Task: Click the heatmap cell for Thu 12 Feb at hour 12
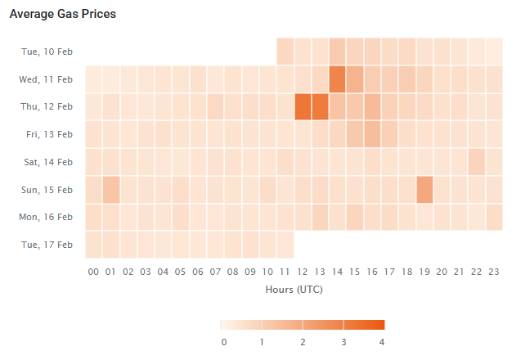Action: coord(303,106)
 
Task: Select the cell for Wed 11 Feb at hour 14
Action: coord(338,79)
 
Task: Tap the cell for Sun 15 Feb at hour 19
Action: coord(424,190)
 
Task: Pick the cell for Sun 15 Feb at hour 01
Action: coord(111,190)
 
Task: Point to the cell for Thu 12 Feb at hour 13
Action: coord(320,106)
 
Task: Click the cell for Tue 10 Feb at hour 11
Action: coord(285,52)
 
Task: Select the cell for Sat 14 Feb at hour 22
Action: coord(477,162)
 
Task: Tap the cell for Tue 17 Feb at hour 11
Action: coord(285,245)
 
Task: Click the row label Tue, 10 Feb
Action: coord(47,52)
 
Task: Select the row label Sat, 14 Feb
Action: coord(47,162)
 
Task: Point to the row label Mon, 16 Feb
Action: coord(46,218)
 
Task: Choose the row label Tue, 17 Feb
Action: coord(47,245)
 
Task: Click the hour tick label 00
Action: coord(93,272)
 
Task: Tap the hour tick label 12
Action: coord(303,272)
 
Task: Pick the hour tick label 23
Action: coord(494,272)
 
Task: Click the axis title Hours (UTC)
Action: coord(294,290)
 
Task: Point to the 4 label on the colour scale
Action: coord(382,340)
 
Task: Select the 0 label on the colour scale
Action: coord(223,340)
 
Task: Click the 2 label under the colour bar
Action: coord(303,340)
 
